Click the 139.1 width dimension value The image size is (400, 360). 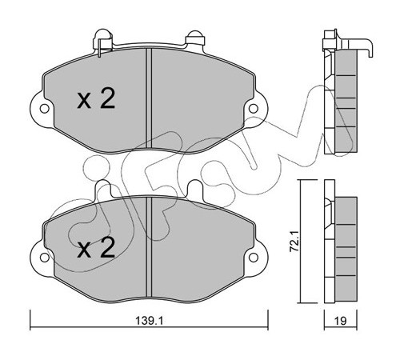149,321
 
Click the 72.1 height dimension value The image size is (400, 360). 294,242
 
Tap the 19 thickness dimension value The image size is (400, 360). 341,321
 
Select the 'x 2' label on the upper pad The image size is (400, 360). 96,99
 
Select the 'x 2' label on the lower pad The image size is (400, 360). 96,248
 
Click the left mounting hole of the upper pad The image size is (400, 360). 44,109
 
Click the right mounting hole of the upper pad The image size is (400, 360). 253,109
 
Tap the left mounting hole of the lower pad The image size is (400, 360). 44,258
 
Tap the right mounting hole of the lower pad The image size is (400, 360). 253,258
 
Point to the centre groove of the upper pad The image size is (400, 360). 149,98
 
